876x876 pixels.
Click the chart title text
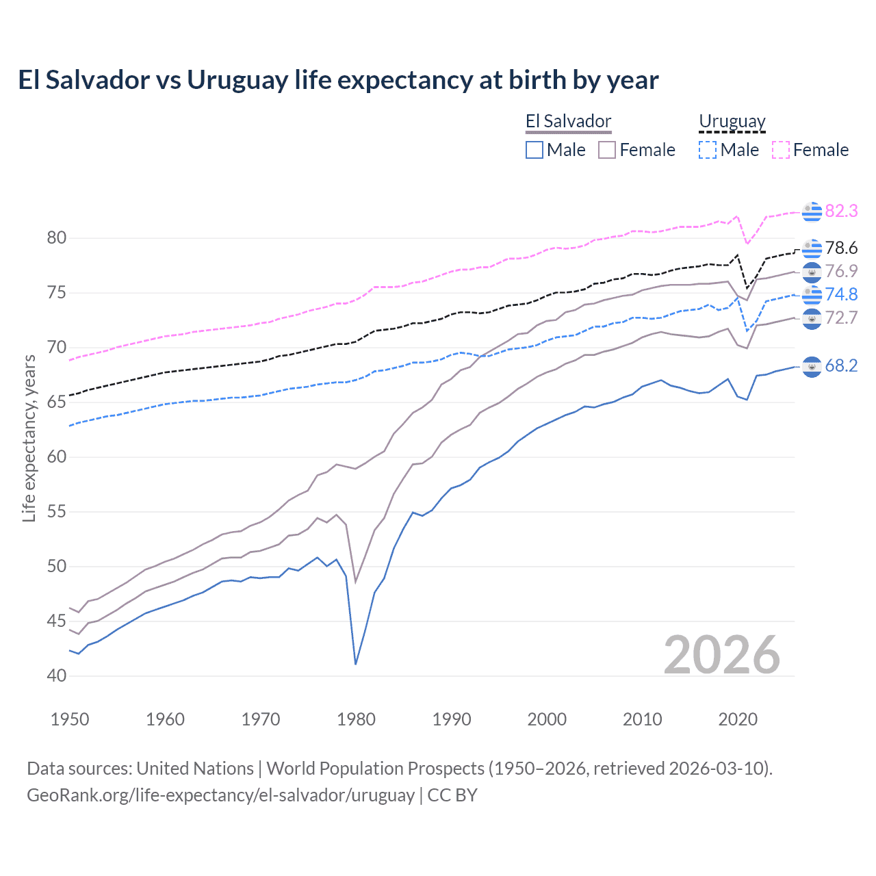pos(338,80)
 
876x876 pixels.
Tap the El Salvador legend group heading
pos(568,122)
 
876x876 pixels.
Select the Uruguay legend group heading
pos(732,122)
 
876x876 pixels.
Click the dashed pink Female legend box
pos(781,150)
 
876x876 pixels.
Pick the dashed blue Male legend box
pos(708,150)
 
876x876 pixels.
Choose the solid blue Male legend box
pos(534,150)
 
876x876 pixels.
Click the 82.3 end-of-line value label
pos(841,211)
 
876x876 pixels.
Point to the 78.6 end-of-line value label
pos(841,248)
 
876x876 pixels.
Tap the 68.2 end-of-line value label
pos(841,366)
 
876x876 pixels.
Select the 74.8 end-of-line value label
pos(841,294)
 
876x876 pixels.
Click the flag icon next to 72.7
pos(812,318)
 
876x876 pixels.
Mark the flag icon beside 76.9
pos(812,272)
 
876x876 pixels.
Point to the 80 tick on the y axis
pos(57,238)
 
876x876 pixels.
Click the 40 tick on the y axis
pos(57,675)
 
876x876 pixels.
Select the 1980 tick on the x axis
pos(356,719)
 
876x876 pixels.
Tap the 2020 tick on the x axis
pos(738,719)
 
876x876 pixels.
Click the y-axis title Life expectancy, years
pos(29,438)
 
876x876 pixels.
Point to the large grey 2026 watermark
pos(721,655)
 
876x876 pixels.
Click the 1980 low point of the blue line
pos(356,664)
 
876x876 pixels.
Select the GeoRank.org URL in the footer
pos(220,795)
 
